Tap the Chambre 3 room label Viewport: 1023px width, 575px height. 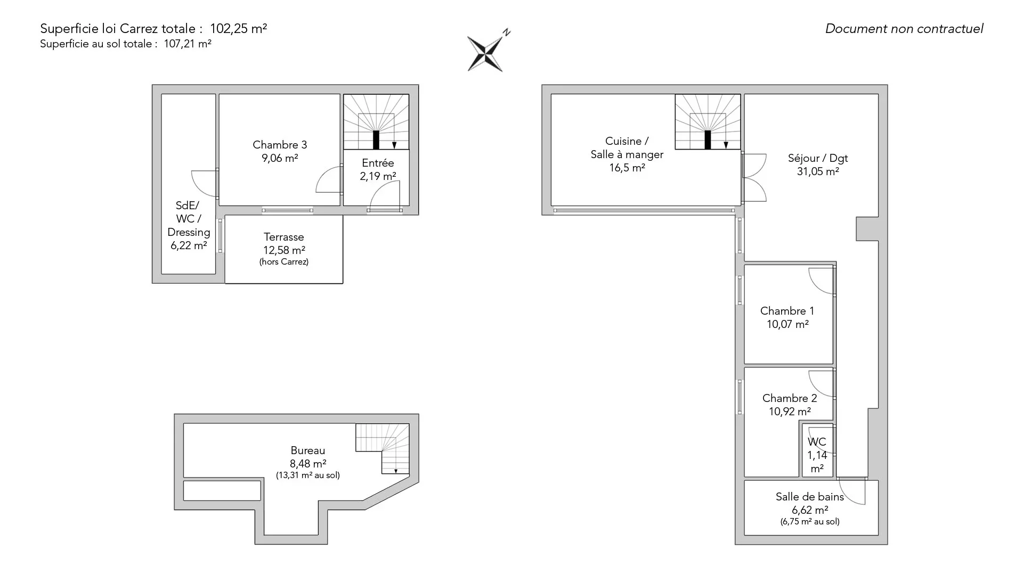coord(280,145)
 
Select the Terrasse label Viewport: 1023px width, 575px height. coord(283,237)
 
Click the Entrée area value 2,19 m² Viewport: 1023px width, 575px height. coord(378,176)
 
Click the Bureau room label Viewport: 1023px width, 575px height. coord(307,450)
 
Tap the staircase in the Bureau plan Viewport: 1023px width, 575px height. coord(382,448)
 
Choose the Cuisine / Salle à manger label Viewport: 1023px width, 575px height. coord(627,148)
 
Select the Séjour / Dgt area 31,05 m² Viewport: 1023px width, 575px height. coord(818,171)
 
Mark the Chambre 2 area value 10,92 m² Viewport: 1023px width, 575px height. coord(790,412)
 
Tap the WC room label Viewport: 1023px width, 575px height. coord(817,442)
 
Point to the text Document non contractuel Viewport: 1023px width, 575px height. coord(904,29)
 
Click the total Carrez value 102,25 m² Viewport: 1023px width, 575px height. coord(238,29)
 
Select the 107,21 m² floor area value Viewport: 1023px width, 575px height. coord(188,44)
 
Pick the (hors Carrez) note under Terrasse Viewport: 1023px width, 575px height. coord(284,262)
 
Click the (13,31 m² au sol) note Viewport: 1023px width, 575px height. coord(307,475)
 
